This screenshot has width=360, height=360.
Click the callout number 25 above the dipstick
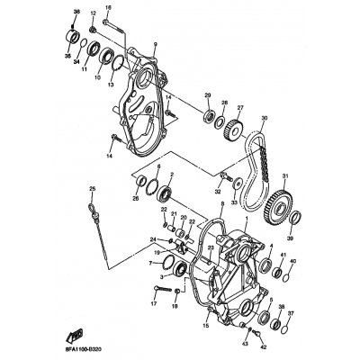[x=91, y=187]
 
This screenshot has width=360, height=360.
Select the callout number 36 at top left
[x=76, y=13]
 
